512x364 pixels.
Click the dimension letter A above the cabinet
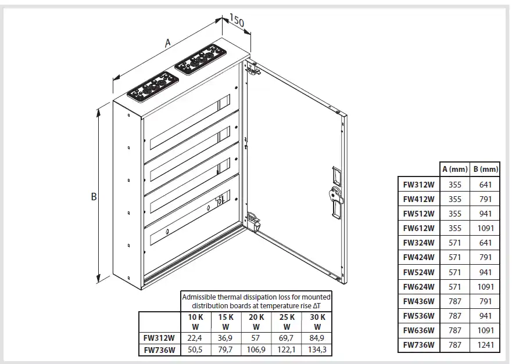[168, 42]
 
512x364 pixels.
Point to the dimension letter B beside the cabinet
[94, 197]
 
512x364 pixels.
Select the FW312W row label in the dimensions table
[418, 185]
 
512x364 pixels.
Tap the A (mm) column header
[454, 170]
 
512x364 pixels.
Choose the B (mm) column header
[485, 170]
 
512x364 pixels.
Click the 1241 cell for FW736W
[485, 345]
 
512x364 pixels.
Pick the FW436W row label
[418, 301]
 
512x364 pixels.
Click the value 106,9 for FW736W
[256, 350]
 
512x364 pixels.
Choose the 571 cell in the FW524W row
[454, 272]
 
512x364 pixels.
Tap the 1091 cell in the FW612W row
[485, 229]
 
